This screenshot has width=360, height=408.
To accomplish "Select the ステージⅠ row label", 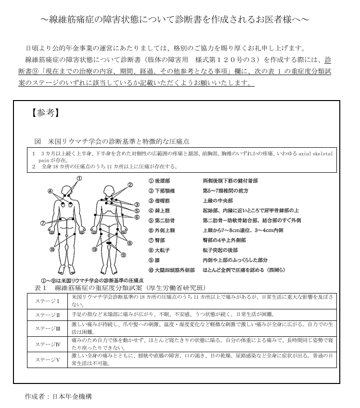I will [48, 301].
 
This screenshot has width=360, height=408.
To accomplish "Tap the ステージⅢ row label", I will [48, 329].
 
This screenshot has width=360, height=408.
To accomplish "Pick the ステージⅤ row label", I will [48, 359].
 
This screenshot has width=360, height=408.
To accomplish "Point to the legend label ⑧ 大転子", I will [162, 250].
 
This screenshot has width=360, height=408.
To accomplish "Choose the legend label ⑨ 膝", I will [157, 260].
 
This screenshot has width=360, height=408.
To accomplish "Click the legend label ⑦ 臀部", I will [159, 240].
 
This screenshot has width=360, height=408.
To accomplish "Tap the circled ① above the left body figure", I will [79, 178].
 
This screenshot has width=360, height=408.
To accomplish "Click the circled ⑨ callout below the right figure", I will [123, 255].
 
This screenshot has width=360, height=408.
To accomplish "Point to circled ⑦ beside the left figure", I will [43, 223].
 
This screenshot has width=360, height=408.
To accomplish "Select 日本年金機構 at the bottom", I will [71, 396].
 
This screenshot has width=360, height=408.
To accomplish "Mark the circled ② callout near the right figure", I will [130, 184].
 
